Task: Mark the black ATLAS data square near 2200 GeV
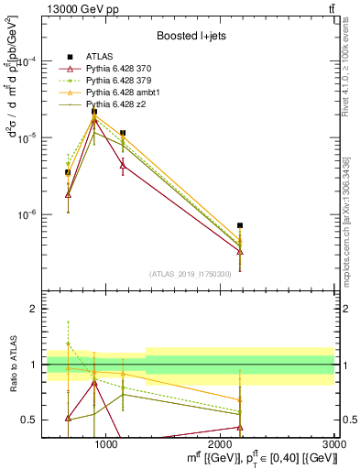(240, 225)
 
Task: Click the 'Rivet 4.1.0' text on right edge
(353, 64)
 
